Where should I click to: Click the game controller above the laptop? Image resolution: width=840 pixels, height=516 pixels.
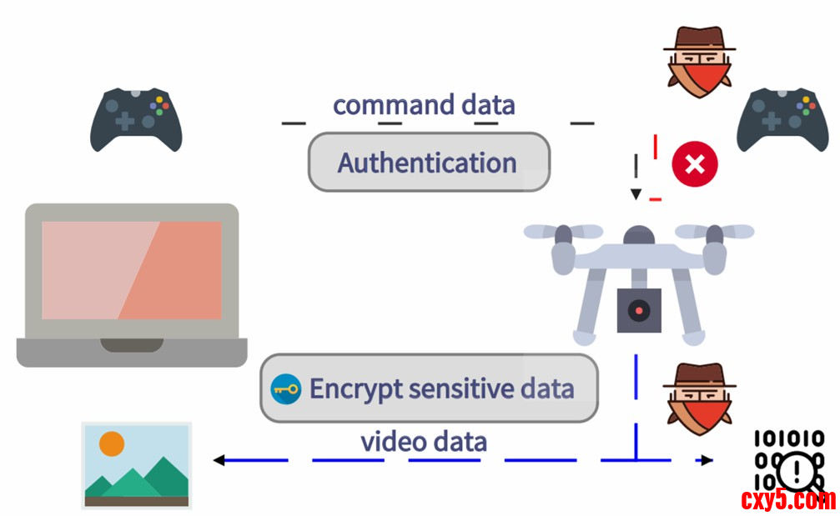tap(136, 120)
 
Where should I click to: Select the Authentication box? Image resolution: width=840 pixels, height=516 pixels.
tap(429, 163)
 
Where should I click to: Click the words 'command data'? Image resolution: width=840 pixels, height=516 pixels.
tap(424, 105)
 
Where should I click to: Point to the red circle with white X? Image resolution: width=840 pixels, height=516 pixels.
tap(695, 163)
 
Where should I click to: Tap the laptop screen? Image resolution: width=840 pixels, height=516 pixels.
tap(132, 269)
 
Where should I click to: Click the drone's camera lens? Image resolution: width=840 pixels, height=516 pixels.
tap(639, 310)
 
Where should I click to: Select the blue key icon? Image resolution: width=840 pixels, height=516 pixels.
tap(286, 388)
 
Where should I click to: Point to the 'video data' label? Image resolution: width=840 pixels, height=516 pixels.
tap(424, 441)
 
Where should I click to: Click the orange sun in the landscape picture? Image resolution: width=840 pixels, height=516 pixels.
tap(112, 443)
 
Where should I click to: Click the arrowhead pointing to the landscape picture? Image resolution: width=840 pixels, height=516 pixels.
tap(219, 459)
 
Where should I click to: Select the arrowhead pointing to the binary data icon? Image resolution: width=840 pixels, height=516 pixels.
tap(707, 459)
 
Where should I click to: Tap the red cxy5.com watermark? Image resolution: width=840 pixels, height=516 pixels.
tap(787, 500)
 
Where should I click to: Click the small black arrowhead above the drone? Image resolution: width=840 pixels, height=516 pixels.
tap(636, 195)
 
